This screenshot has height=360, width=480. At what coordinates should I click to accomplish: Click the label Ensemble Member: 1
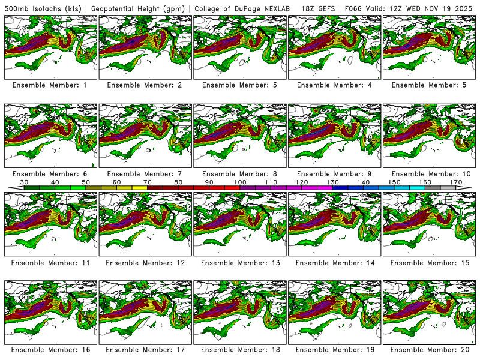coord(50,85)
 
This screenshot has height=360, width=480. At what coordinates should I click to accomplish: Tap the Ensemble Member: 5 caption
coord(429,85)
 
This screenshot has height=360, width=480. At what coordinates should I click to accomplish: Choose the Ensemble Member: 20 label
coord(429,349)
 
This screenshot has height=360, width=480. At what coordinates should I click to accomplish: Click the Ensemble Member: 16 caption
coord(50,349)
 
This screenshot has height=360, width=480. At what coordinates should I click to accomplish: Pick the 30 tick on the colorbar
coord(25,182)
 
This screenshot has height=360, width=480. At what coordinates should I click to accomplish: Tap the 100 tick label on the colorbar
coord(240,182)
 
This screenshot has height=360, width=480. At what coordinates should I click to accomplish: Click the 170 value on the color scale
coord(456,182)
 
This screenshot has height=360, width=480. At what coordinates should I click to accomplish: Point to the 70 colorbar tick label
coord(148,182)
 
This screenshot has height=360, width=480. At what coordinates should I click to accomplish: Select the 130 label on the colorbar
coord(332,182)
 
